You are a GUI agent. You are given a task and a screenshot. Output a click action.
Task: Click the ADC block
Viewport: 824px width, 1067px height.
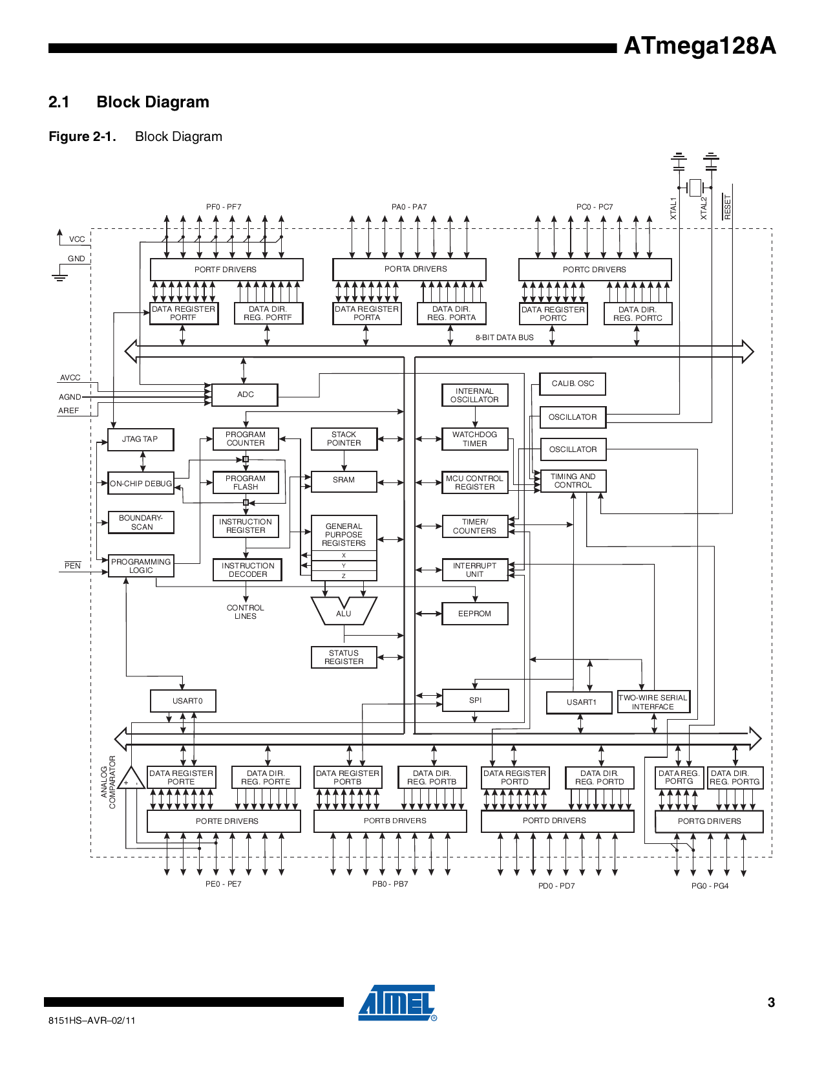tap(245, 394)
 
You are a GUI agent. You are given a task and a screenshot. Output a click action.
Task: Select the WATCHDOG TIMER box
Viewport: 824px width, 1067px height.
tap(474, 439)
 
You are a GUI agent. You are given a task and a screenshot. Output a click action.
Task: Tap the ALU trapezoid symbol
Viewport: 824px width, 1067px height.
tap(343, 611)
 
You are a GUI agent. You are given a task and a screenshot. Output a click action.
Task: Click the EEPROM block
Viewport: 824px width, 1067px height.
tap(474, 614)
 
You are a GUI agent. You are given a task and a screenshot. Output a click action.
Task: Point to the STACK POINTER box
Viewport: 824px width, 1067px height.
tap(344, 439)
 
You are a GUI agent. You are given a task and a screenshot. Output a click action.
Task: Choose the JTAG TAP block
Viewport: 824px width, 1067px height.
tap(140, 439)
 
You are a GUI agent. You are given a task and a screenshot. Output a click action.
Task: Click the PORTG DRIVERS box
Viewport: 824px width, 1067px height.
tap(709, 821)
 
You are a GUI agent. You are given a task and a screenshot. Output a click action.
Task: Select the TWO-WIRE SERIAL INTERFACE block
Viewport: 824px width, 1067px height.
tap(653, 702)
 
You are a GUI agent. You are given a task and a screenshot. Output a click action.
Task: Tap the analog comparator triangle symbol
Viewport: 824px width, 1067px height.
tap(131, 779)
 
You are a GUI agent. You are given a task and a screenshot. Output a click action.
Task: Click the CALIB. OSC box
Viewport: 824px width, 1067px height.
tap(573, 383)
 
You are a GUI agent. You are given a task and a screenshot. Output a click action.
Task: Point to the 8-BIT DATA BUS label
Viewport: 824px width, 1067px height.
tap(504, 338)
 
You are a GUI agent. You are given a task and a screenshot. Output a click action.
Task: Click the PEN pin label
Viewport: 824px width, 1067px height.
tap(72, 566)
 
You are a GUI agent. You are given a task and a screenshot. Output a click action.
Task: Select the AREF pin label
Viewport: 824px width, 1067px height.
tap(69, 411)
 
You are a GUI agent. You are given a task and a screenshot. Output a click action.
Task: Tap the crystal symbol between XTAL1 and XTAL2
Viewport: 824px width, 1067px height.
tap(695, 188)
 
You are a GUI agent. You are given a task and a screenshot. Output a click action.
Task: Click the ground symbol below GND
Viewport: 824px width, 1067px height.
tap(59, 276)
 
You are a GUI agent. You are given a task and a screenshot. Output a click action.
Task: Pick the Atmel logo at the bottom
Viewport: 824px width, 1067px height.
tap(397, 1003)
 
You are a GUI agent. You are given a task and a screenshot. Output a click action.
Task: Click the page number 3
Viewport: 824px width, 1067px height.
tap(771, 1002)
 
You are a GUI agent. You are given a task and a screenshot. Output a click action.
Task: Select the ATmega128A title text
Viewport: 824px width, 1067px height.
tap(699, 46)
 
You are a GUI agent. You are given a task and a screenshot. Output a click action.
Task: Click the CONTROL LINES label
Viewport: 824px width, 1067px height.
tap(245, 612)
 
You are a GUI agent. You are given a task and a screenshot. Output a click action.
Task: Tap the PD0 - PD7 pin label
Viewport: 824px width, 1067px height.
tap(556, 886)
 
